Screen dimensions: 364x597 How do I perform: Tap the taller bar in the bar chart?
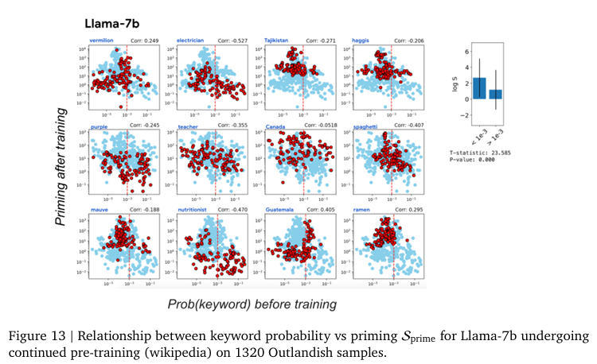[479, 88]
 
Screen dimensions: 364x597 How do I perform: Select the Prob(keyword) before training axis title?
[252, 304]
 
